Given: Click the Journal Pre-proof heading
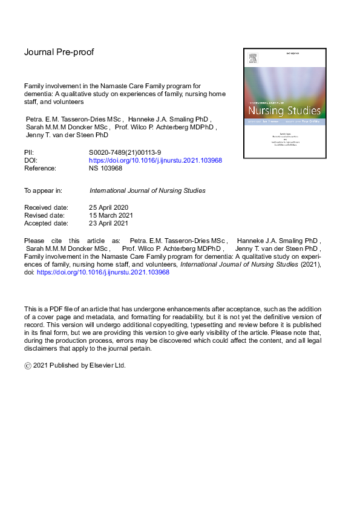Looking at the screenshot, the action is pos(59,53).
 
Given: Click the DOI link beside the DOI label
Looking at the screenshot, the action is pos(155,161).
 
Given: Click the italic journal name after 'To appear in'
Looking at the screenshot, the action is pos(147,190).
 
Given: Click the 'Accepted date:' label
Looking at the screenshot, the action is pos(46,223).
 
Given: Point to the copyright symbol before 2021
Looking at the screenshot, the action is pos(27,366).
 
